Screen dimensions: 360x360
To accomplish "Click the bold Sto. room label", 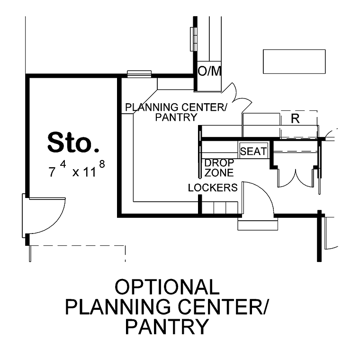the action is [x=73, y=143].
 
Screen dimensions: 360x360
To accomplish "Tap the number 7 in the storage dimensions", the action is [x=52, y=172].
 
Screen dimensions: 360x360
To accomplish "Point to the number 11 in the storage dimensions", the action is [x=90, y=172].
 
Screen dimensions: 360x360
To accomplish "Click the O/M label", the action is [x=209, y=71].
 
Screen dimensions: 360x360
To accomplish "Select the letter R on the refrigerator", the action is [x=295, y=119].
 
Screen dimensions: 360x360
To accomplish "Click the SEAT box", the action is [x=253, y=151].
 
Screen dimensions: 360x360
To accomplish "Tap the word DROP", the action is [x=219, y=163].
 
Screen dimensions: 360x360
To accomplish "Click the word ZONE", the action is [x=219, y=172].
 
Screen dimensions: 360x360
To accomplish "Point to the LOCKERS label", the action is [x=213, y=188].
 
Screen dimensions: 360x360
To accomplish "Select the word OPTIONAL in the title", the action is [x=167, y=287].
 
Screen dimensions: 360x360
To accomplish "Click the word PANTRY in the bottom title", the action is [x=167, y=326].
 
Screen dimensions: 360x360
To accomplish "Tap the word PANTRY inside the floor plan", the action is [x=176, y=117].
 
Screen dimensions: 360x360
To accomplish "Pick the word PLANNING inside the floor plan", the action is [x=152, y=108].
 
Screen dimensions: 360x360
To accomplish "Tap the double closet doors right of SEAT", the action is [x=296, y=178].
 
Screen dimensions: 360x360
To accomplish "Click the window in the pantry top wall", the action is [x=139, y=74].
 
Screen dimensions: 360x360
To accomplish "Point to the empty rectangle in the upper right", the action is [x=294, y=62].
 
